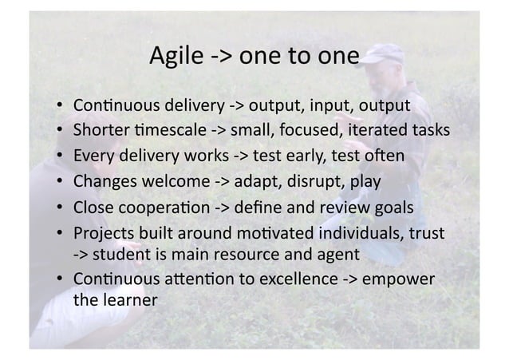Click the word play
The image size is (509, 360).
[365, 182]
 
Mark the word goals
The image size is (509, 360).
[393, 208]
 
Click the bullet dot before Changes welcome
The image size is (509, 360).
[61, 182]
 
